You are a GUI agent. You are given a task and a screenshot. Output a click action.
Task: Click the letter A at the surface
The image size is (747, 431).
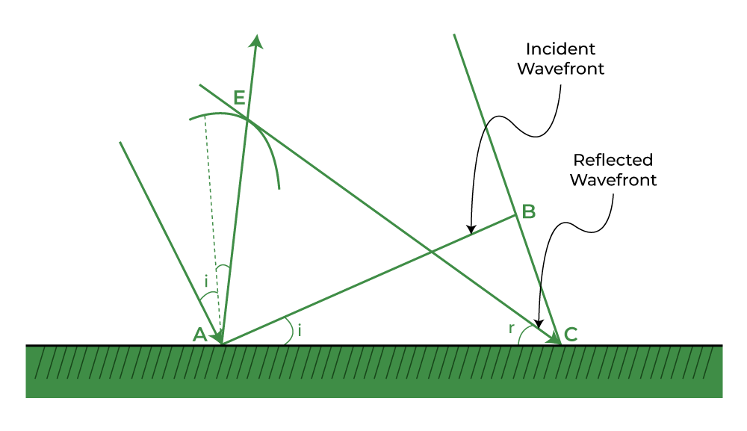[199, 335]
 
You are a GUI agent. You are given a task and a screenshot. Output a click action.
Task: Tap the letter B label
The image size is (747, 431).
[529, 211]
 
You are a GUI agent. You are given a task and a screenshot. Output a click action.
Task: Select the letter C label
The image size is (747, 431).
[571, 335]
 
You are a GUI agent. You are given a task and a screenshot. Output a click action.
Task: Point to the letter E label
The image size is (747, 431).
[239, 98]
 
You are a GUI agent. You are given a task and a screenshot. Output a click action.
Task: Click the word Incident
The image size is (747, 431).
[560, 49]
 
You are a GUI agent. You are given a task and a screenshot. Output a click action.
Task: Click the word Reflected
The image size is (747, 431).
[613, 160]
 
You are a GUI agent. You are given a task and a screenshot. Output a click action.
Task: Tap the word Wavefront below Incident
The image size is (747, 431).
[561, 69]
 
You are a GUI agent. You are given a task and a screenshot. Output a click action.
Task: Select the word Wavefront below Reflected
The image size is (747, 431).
[613, 180]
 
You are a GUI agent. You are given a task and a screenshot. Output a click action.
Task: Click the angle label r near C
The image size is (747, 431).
[511, 328]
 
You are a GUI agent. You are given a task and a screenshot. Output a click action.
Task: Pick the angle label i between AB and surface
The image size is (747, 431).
[300, 329]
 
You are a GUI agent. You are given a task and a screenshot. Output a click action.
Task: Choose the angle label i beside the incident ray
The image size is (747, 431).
[206, 282]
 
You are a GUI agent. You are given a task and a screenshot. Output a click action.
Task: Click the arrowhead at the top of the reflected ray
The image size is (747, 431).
[257, 41]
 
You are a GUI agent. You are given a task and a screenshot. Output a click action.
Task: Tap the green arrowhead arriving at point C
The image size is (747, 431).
[554, 337]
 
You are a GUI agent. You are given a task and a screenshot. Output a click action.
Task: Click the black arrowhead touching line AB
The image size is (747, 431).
[471, 229]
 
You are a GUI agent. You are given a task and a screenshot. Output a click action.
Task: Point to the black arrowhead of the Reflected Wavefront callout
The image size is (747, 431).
[539, 323]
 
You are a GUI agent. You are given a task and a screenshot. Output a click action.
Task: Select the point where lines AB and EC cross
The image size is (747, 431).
[431, 251]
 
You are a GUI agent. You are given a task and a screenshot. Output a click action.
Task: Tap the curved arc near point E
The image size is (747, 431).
[260, 131]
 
